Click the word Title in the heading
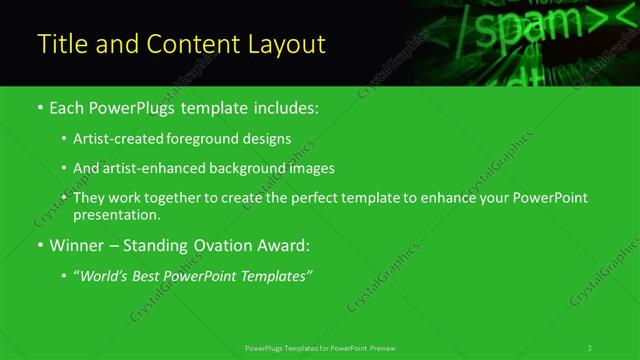click(x=60, y=44)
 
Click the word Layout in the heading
click(x=286, y=44)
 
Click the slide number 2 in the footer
click(x=590, y=348)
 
